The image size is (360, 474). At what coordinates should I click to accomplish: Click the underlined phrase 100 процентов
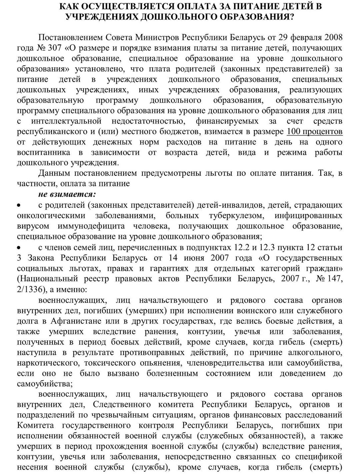pyautogui.click(x=314, y=132)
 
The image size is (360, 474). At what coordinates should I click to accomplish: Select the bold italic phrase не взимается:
pyautogui.click(x=67, y=194)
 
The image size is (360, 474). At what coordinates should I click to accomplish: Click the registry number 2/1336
pyautogui.click(x=30, y=289)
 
